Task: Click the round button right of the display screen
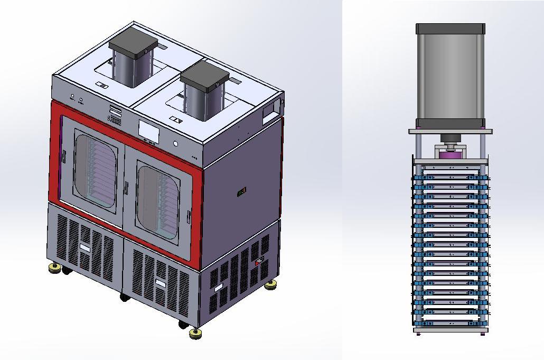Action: pyautogui.click(x=175, y=143)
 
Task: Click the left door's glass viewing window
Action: pyautogui.click(x=95, y=171)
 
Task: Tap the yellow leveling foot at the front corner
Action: pyautogui.click(x=195, y=333)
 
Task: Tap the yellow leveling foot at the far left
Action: pyautogui.click(x=54, y=268)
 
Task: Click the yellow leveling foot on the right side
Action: pyautogui.click(x=271, y=285)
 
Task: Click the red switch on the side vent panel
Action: pyautogui.click(x=259, y=261)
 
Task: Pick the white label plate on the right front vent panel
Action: pyautogui.click(x=161, y=283)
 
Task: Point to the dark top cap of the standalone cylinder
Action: pyautogui.click(x=450, y=29)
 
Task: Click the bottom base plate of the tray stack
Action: pyautogui.click(x=450, y=330)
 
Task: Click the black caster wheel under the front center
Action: pyautogui.click(x=125, y=298)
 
